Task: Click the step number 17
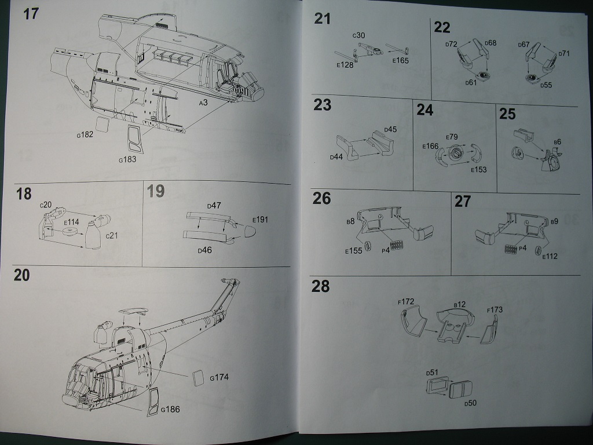(30, 13)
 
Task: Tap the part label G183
(127, 159)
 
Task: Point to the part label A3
(203, 103)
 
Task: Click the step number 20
(21, 276)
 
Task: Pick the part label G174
(219, 378)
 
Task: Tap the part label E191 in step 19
(261, 220)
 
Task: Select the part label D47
(214, 206)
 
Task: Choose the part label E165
(401, 60)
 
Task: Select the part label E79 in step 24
(452, 137)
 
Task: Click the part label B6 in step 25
(557, 141)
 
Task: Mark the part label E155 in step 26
(353, 251)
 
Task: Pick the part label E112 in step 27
(550, 256)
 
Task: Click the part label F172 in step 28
(406, 301)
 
